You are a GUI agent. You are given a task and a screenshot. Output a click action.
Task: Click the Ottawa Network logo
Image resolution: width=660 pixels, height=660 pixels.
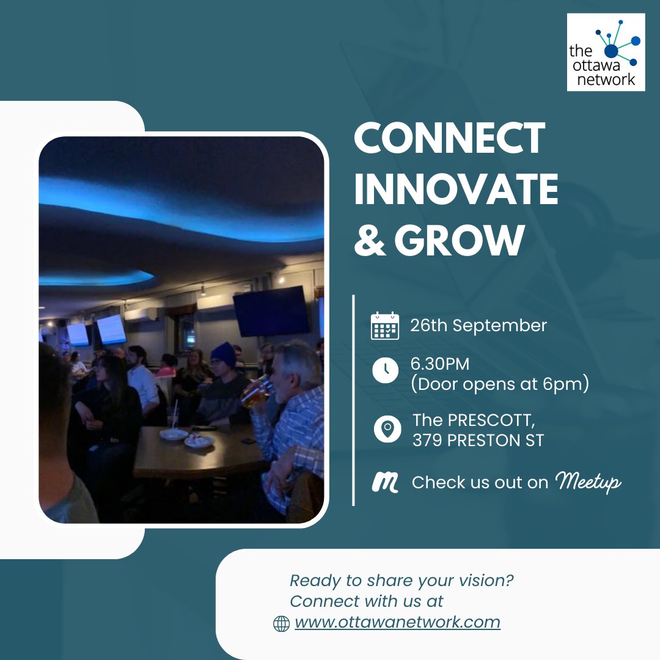pos(606,53)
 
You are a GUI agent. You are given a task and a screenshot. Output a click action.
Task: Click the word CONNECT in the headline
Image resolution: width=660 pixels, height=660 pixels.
pos(449,138)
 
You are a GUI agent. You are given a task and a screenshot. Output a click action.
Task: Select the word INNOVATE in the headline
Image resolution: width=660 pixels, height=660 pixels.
pos(456,189)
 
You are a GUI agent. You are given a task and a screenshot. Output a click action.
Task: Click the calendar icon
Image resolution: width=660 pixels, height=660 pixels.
pos(385,326)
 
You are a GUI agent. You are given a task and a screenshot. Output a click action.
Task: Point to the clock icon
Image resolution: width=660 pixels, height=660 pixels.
pos(385,371)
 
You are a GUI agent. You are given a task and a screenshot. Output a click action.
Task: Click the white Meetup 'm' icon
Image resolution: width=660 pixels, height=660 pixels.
pos(385,483)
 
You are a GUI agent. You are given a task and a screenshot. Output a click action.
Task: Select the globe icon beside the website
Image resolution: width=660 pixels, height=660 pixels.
pos(280,623)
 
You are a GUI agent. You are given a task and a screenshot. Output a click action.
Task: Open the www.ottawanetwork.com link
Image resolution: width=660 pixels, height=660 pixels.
pos(397,623)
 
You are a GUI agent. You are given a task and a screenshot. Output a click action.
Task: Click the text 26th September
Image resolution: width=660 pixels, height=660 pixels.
pos(479,326)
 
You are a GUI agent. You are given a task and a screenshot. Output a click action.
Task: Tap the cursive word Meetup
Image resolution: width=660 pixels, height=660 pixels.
pos(587,483)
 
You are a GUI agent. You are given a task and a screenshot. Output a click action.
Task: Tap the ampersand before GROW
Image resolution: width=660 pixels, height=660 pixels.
pos(370,240)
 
